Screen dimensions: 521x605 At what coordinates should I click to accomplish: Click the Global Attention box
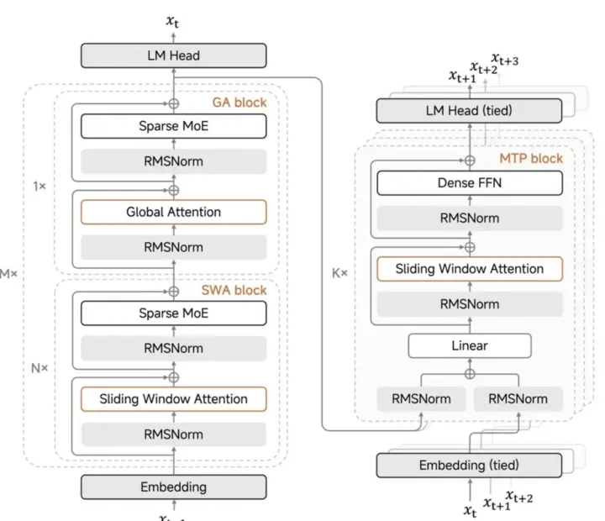pyautogui.click(x=173, y=212)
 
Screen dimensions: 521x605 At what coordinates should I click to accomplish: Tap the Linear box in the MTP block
pyautogui.click(x=470, y=345)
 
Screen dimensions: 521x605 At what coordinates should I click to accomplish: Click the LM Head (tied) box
pyautogui.click(x=466, y=111)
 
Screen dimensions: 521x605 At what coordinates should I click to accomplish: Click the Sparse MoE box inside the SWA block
pyautogui.click(x=173, y=313)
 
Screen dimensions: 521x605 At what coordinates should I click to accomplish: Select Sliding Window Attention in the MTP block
pyautogui.click(x=469, y=269)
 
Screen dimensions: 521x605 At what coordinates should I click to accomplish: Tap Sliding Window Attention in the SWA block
pyautogui.click(x=173, y=398)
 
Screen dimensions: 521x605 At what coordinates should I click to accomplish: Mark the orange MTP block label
pyautogui.click(x=532, y=158)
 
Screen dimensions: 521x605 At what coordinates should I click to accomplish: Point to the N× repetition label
pyautogui.click(x=39, y=368)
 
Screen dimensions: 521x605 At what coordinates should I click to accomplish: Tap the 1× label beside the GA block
pyautogui.click(x=40, y=185)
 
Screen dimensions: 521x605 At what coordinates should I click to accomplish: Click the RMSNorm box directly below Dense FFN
pyautogui.click(x=469, y=218)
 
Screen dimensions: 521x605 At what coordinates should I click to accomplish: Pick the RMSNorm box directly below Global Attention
pyautogui.click(x=173, y=246)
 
